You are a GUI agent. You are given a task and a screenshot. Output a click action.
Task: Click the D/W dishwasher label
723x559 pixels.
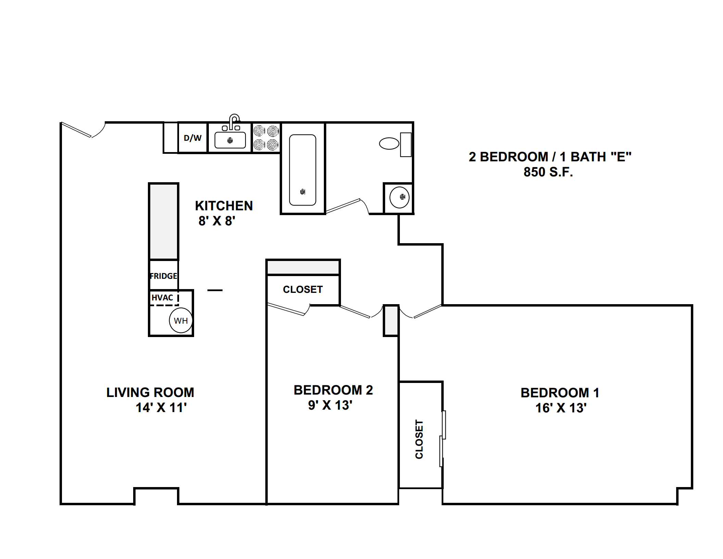pos(192,138)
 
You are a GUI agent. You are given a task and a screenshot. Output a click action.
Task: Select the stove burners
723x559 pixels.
pos(266,138)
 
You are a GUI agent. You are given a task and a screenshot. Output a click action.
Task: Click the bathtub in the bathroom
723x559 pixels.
pos(303,170)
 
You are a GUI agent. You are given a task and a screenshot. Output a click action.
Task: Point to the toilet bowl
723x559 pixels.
pos(389,144)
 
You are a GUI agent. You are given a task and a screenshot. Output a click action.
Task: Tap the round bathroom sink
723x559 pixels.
pos(399,197)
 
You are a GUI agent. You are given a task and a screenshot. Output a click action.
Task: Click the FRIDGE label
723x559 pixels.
pos(164,276)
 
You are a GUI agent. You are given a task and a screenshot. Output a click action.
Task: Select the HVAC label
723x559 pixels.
pos(162,298)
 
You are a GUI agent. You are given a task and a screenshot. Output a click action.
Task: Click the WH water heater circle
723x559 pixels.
pos(181,321)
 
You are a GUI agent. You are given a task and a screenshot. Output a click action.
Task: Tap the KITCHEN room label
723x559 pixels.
pos(224,206)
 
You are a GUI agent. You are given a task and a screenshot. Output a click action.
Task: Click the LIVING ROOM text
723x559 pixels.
pos(150,393)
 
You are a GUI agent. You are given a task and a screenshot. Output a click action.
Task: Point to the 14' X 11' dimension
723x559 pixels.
pos(161,408)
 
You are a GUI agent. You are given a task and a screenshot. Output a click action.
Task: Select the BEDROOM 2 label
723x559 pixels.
pos(333,390)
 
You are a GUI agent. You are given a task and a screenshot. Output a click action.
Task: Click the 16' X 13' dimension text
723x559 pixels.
pos(561,408)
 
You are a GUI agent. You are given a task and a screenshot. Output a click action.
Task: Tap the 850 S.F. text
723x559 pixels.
pos(548,172)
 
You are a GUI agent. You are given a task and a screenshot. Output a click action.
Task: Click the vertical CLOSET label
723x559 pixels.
pos(419,439)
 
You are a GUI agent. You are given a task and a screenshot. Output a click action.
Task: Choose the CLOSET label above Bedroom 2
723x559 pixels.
pos(303,289)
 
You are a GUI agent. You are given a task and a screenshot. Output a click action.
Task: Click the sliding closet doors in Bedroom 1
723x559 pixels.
pos(443,439)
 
